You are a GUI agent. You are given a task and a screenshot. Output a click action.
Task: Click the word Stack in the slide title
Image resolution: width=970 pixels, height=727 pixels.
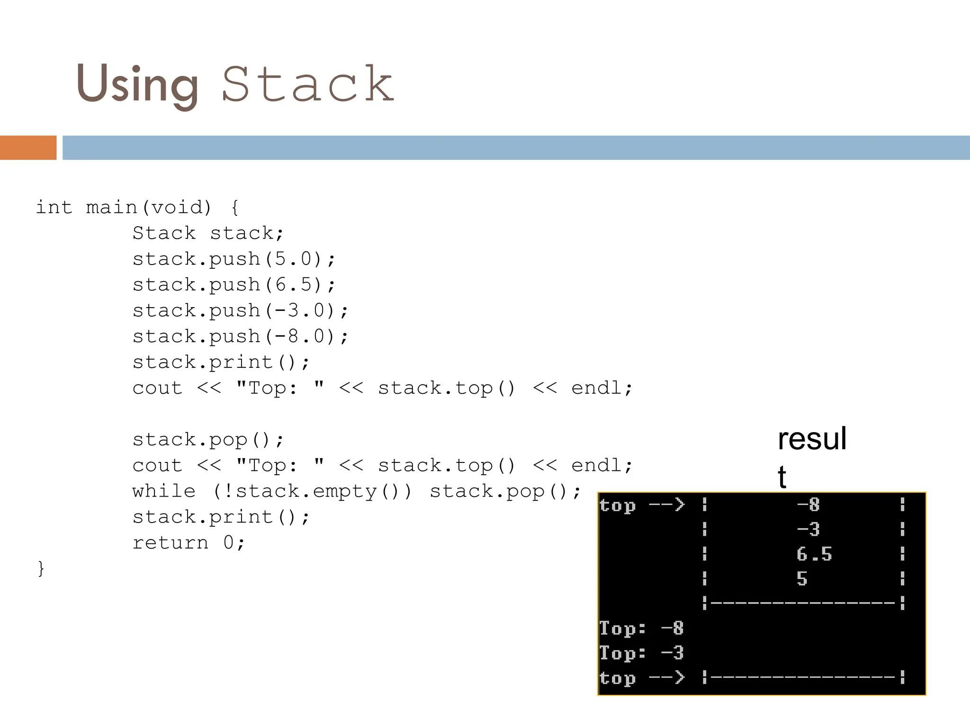tap(308, 84)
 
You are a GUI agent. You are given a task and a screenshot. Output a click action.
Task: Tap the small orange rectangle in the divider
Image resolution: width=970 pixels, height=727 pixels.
tap(28, 148)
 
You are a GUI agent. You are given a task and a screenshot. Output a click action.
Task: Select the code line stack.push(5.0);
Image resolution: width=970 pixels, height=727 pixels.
tap(234, 259)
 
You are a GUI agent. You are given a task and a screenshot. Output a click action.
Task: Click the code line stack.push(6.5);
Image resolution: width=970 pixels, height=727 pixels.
tap(234, 285)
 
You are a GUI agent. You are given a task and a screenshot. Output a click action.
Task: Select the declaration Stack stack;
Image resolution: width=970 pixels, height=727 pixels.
tap(208, 233)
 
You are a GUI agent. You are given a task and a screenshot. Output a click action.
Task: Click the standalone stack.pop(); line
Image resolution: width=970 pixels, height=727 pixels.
tap(208, 440)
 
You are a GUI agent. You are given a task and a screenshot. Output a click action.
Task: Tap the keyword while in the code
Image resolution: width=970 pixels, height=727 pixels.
tap(164, 491)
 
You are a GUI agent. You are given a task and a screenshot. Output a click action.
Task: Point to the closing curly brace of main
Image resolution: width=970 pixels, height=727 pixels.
tap(41, 568)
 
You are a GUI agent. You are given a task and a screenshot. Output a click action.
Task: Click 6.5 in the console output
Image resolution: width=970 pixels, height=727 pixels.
tap(814, 554)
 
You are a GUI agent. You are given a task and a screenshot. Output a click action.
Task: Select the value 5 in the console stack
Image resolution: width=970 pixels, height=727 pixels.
tap(801, 579)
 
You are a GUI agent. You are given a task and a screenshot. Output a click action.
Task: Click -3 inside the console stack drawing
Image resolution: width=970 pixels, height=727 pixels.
tap(808, 529)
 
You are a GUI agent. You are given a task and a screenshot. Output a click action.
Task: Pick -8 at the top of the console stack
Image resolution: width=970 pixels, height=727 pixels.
tap(808, 505)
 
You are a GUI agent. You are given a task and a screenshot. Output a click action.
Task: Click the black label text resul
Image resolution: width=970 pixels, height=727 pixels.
tap(812, 439)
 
